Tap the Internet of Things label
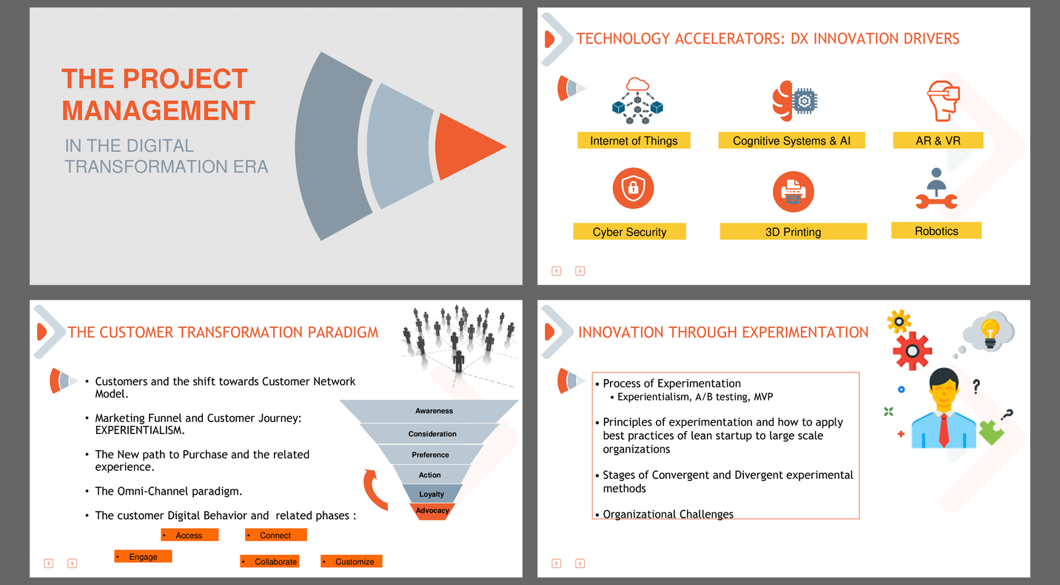tap(634, 141)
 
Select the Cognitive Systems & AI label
tap(792, 141)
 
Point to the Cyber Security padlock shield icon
tap(633, 188)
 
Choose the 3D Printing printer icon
tap(794, 192)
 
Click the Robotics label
tap(936, 231)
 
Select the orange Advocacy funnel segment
tap(432, 512)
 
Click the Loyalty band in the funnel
tap(432, 494)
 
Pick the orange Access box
tap(189, 535)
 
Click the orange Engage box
tap(143, 557)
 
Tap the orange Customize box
tap(351, 561)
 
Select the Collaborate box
tap(269, 561)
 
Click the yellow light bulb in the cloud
tap(990, 332)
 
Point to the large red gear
tap(912, 351)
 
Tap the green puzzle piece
tap(991, 432)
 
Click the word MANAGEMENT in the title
tap(158, 110)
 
